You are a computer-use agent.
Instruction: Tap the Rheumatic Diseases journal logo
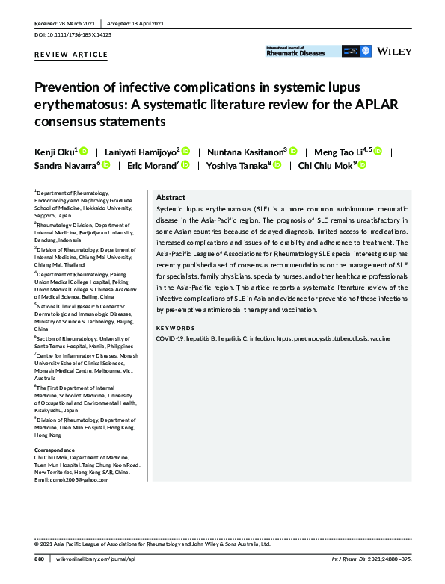pos(296,52)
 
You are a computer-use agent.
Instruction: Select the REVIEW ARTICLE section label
pos(71,55)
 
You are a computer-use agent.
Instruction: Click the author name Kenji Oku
pos(55,151)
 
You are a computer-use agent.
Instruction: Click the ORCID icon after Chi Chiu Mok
pos(363,165)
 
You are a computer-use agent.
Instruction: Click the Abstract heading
pos(171,198)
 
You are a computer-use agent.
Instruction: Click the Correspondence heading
pos(55,450)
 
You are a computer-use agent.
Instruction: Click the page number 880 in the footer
pos(40,558)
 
